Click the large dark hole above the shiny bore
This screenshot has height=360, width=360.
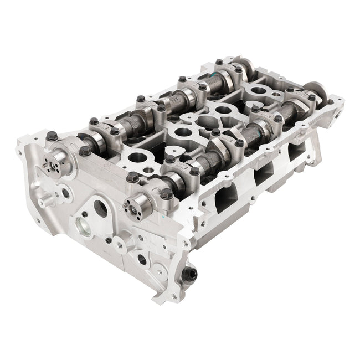click(101, 209)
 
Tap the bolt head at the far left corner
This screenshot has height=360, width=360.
click(51, 135)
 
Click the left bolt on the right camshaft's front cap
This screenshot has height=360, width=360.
click(133, 178)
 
